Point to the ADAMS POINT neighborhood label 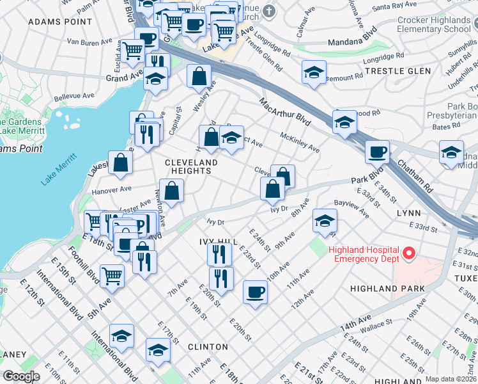[54, 22]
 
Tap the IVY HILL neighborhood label [218, 241]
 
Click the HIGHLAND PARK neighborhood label [387, 289]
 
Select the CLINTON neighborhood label [208, 347]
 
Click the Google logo [20, 376]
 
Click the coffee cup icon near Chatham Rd [377, 152]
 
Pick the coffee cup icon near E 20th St [255, 292]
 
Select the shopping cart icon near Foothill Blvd [112, 276]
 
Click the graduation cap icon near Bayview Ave [325, 221]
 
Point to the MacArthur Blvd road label [285, 112]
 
